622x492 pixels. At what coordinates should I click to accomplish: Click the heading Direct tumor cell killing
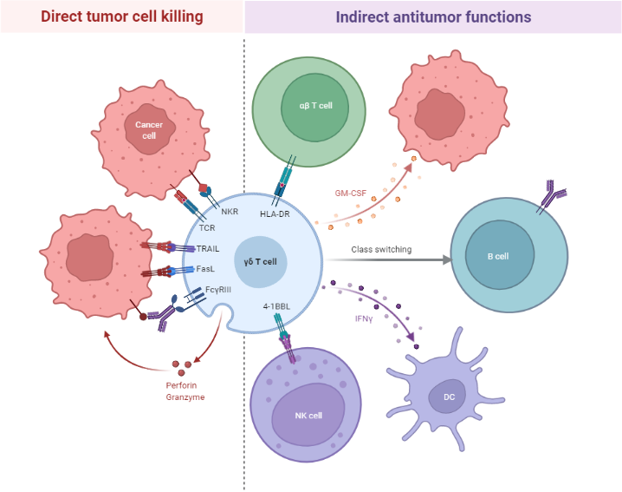(x=121, y=16)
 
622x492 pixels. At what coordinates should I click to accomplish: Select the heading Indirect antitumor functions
(x=433, y=16)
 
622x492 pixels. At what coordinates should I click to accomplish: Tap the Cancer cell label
(x=148, y=130)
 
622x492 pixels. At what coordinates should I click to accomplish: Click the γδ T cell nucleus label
(x=260, y=261)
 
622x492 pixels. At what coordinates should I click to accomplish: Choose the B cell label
(x=497, y=257)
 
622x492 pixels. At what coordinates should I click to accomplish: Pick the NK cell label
(x=308, y=416)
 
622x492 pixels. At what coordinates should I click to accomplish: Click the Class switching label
(x=381, y=250)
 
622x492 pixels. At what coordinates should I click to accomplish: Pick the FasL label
(x=205, y=269)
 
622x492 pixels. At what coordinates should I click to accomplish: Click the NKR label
(x=230, y=212)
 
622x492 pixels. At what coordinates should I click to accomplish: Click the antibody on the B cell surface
(x=551, y=196)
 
